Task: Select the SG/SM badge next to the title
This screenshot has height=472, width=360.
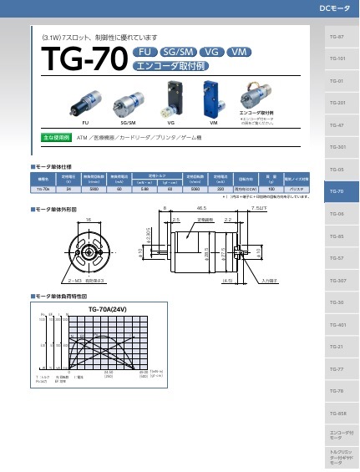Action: pyautogui.click(x=178, y=52)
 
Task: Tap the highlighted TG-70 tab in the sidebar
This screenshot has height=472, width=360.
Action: pyautogui.click(x=337, y=191)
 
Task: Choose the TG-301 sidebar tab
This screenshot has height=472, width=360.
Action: pyautogui.click(x=337, y=147)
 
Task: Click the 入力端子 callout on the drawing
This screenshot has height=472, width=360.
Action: pyautogui.click(x=269, y=281)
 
